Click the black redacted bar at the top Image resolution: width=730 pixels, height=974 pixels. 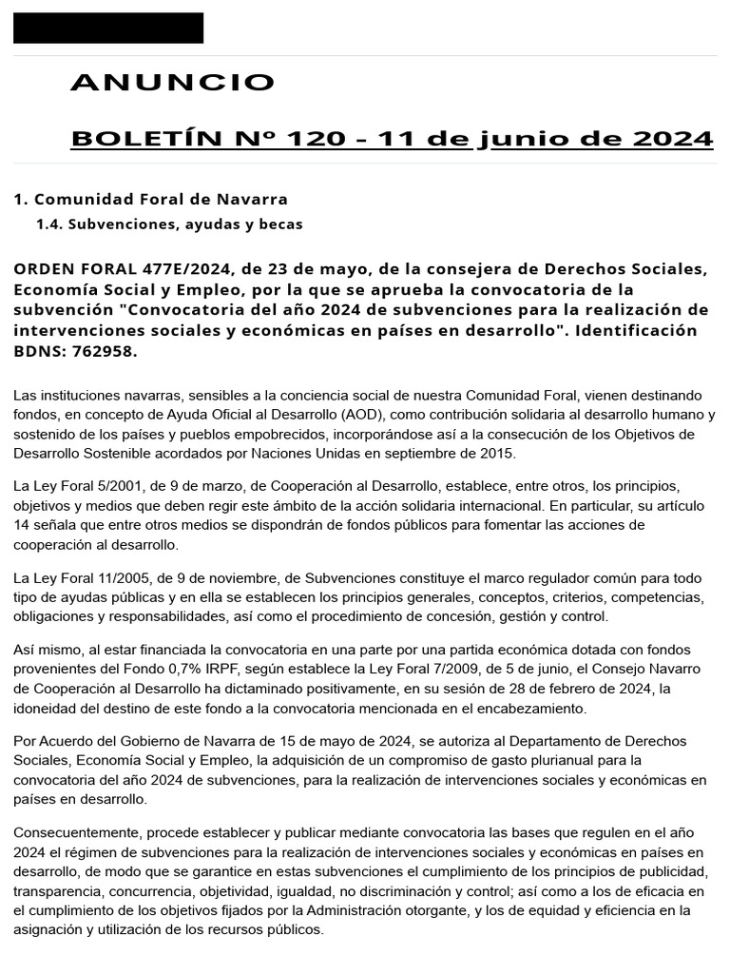click(108, 28)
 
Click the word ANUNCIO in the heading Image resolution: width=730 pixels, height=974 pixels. click(173, 83)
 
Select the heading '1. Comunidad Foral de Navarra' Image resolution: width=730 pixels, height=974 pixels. click(150, 200)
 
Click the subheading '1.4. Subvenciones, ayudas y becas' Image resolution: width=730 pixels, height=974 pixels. click(168, 224)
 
